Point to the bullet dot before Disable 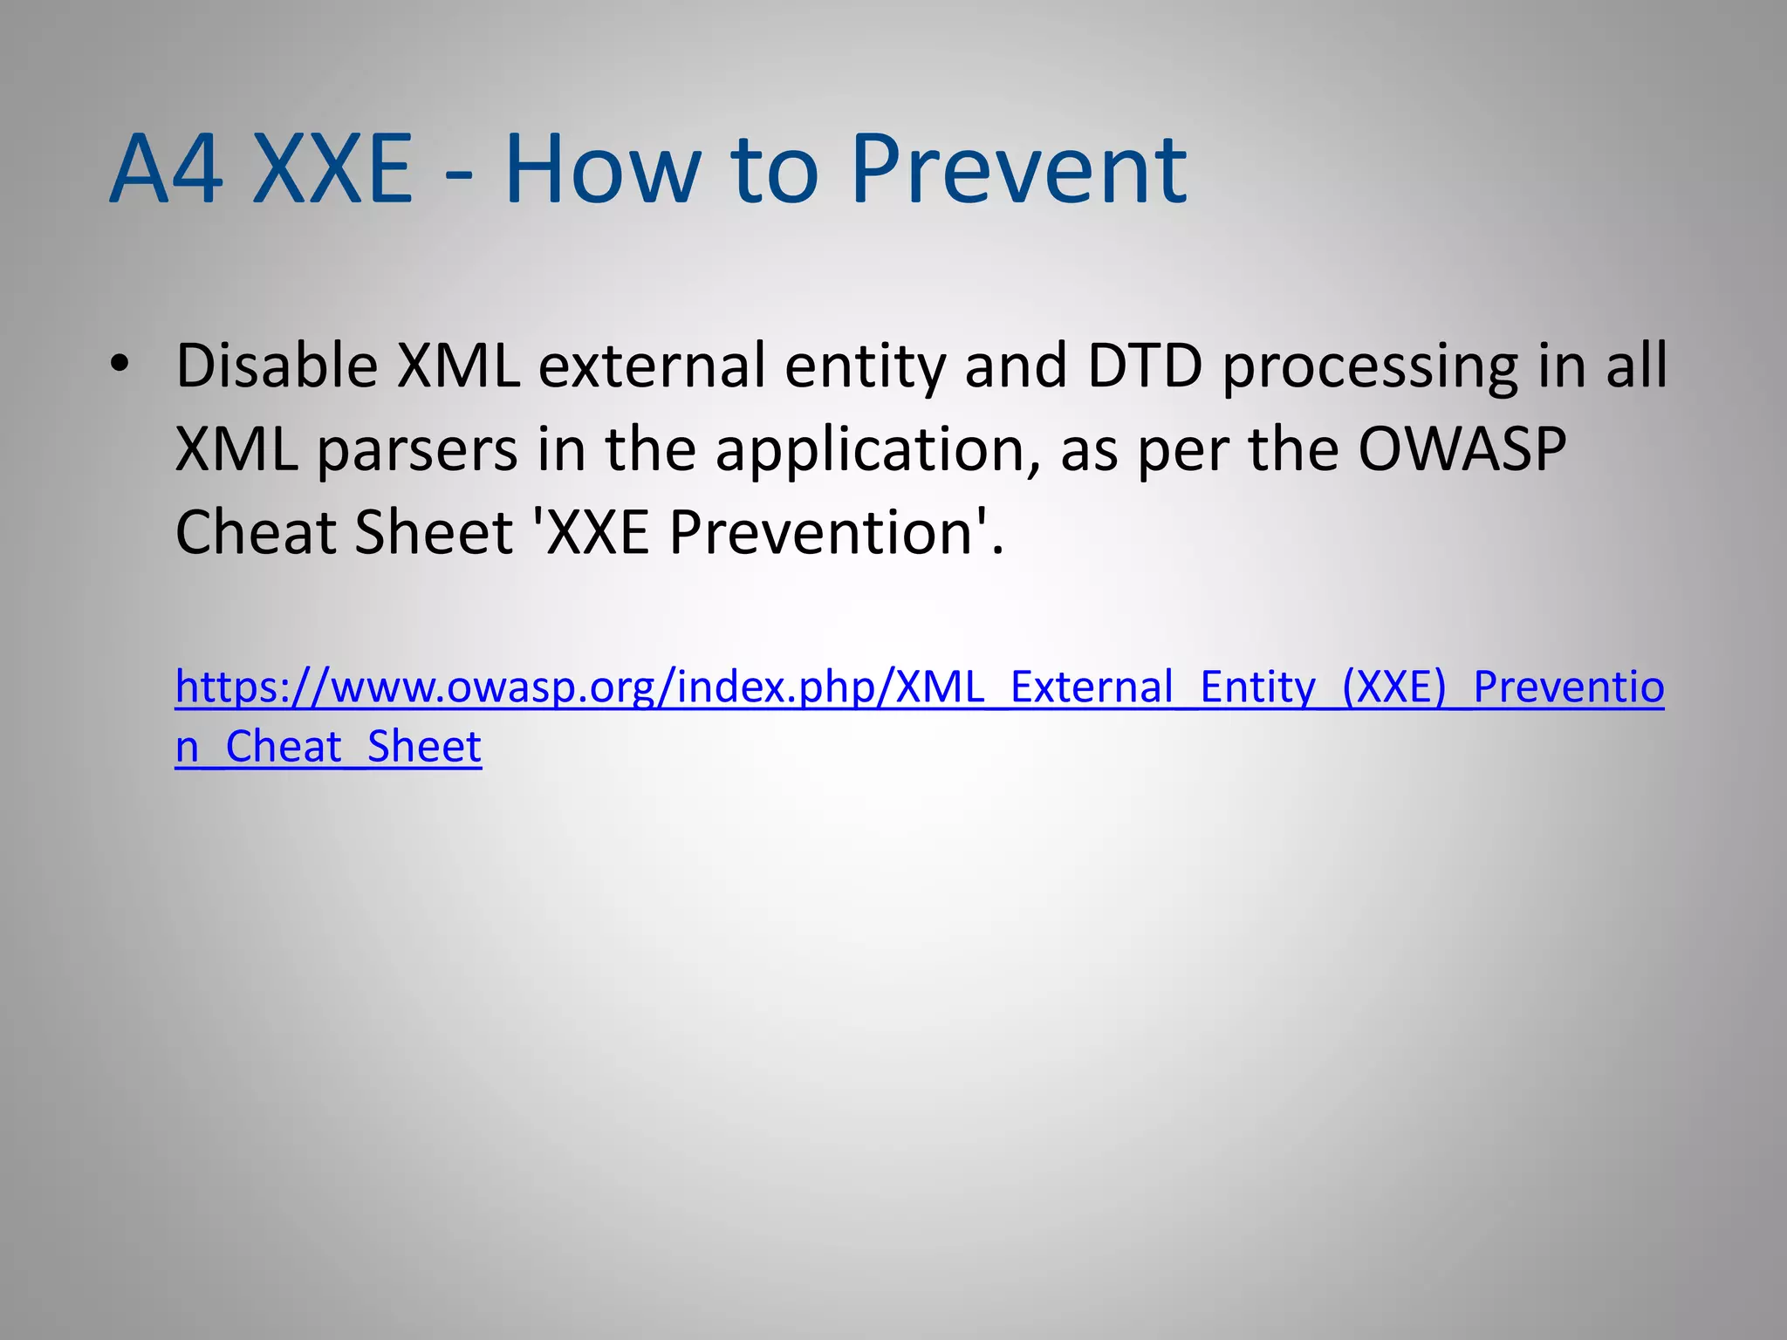point(120,365)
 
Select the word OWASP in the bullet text point(1462,448)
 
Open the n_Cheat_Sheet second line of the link point(328,747)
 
